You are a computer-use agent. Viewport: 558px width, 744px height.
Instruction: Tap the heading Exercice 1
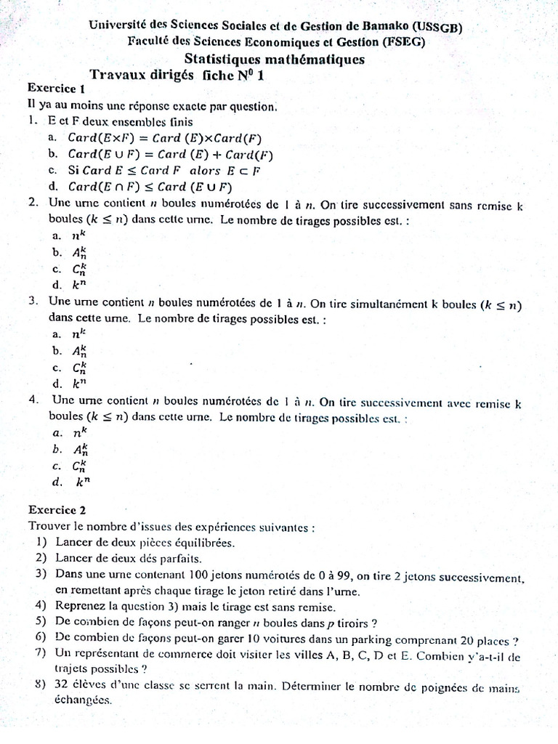(57, 89)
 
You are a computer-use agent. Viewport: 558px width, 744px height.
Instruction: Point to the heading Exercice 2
(57, 510)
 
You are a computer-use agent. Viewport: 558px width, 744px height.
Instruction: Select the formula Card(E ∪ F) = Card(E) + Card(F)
(170, 154)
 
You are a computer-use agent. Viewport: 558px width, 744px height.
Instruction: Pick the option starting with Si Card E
(164, 171)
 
